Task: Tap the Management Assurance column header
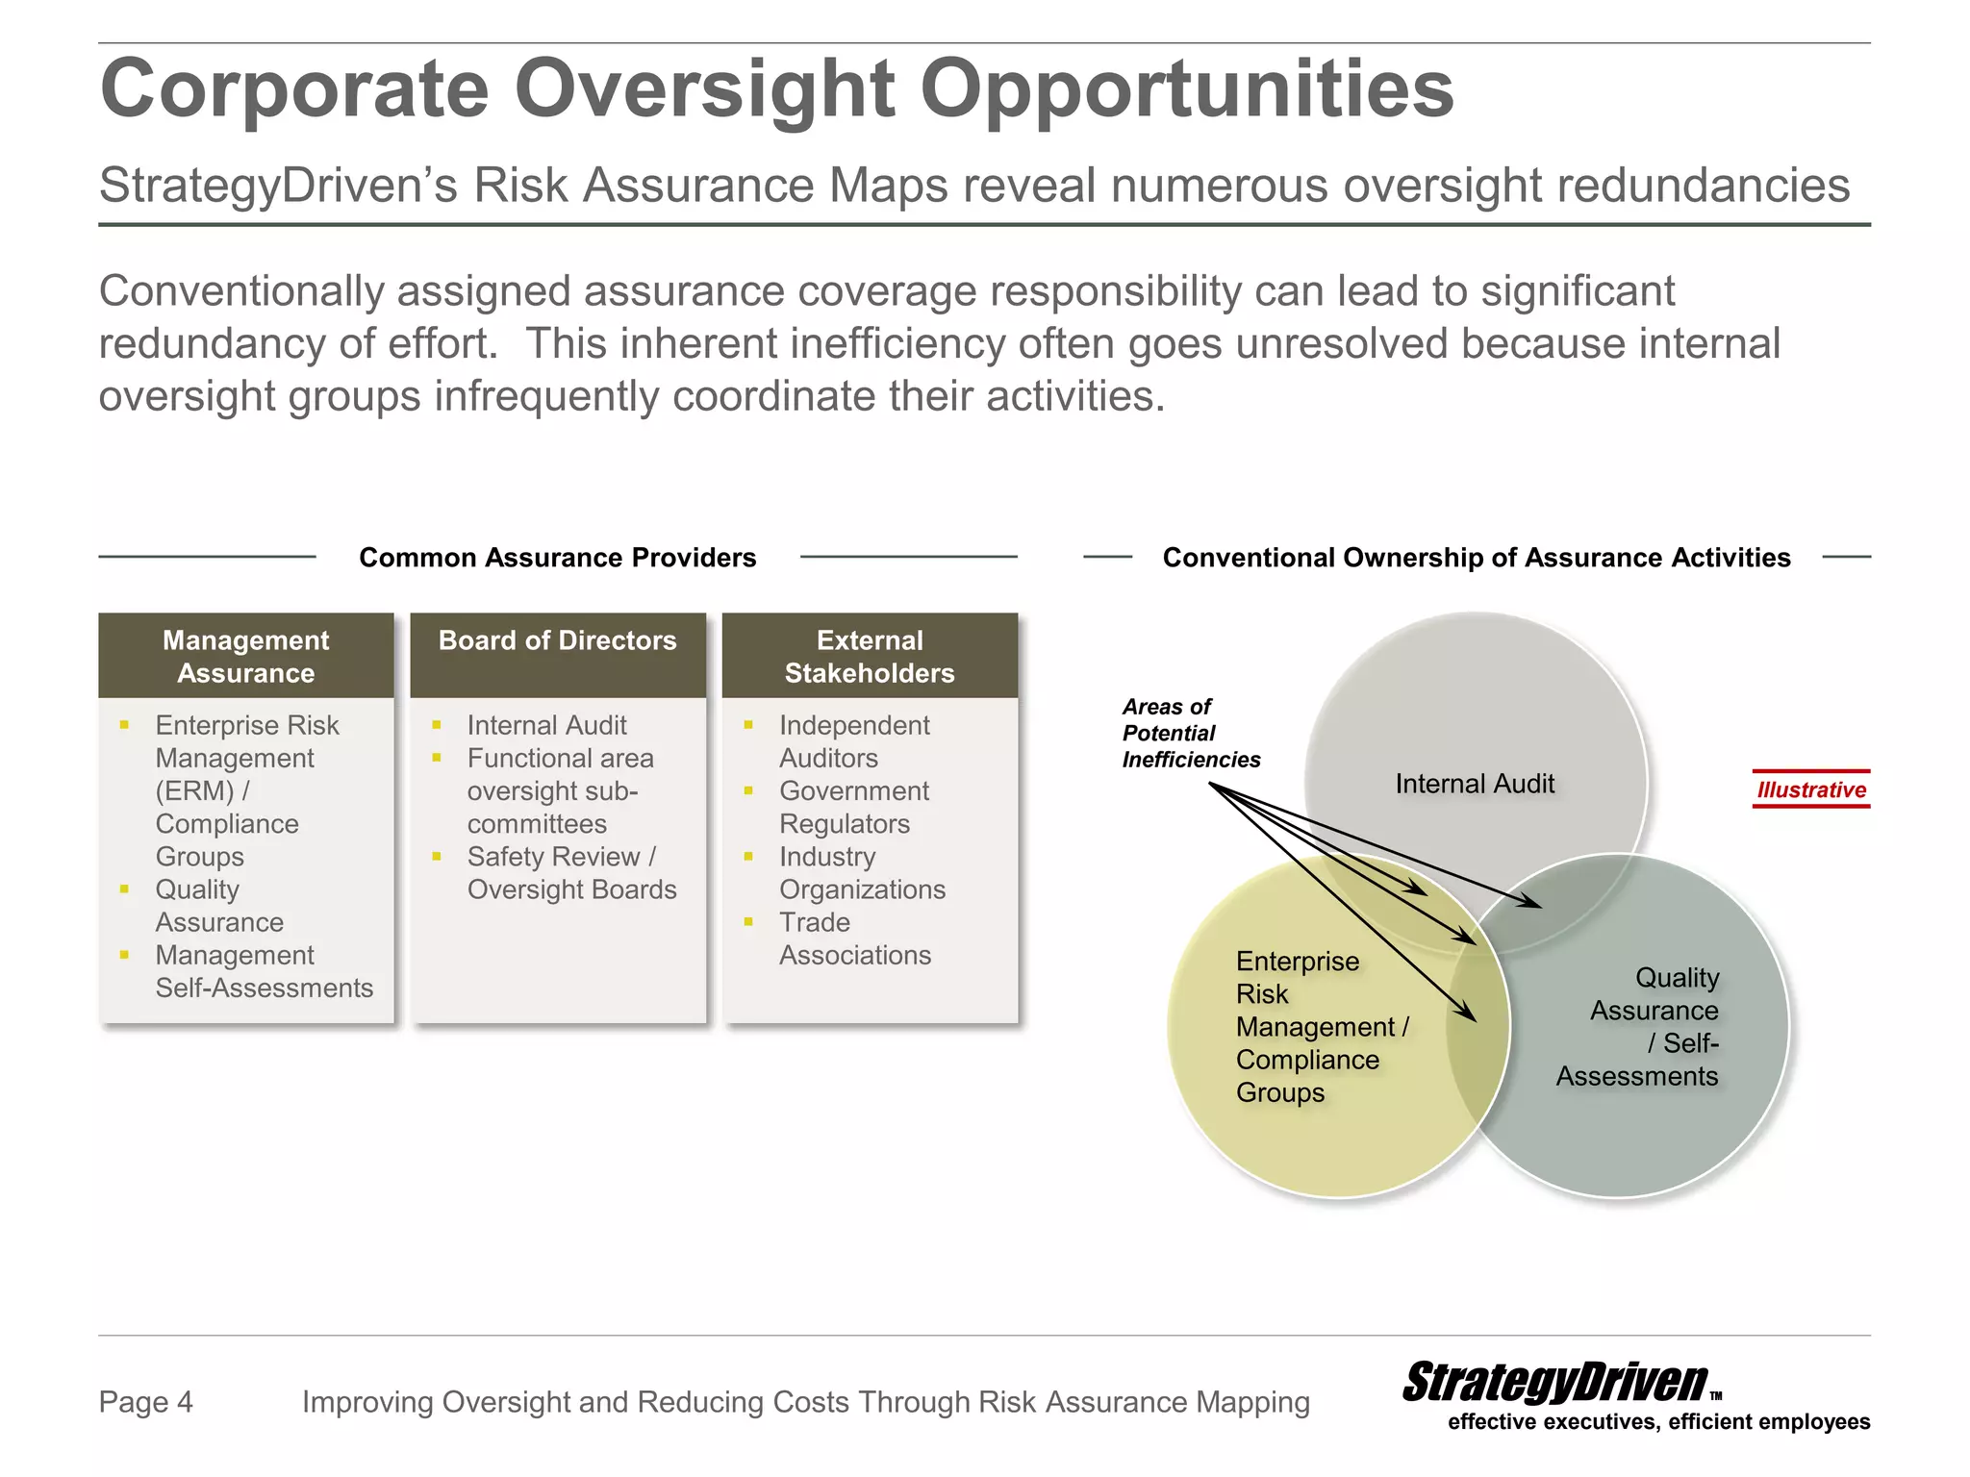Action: pyautogui.click(x=246, y=656)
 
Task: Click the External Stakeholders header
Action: pyautogui.click(x=870, y=656)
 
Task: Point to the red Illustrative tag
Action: pyautogui.click(x=1810, y=789)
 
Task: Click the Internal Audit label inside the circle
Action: pyautogui.click(x=1475, y=784)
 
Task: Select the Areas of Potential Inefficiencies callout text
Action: pyautogui.click(x=1190, y=733)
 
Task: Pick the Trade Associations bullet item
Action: pyautogui.click(x=854, y=939)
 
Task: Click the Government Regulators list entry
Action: pyautogui.click(x=852, y=807)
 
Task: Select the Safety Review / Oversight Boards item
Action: pyautogui.click(x=571, y=873)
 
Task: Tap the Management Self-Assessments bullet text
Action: pyautogui.click(x=263, y=971)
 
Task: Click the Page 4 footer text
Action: pyautogui.click(x=146, y=1402)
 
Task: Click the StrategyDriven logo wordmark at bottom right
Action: pyautogui.click(x=1554, y=1383)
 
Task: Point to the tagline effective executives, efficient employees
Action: pyautogui.click(x=1658, y=1422)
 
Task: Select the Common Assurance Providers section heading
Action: pyautogui.click(x=557, y=558)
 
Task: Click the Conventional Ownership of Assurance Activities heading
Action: pyautogui.click(x=1477, y=558)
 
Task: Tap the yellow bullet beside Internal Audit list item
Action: pyautogui.click(x=437, y=725)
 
